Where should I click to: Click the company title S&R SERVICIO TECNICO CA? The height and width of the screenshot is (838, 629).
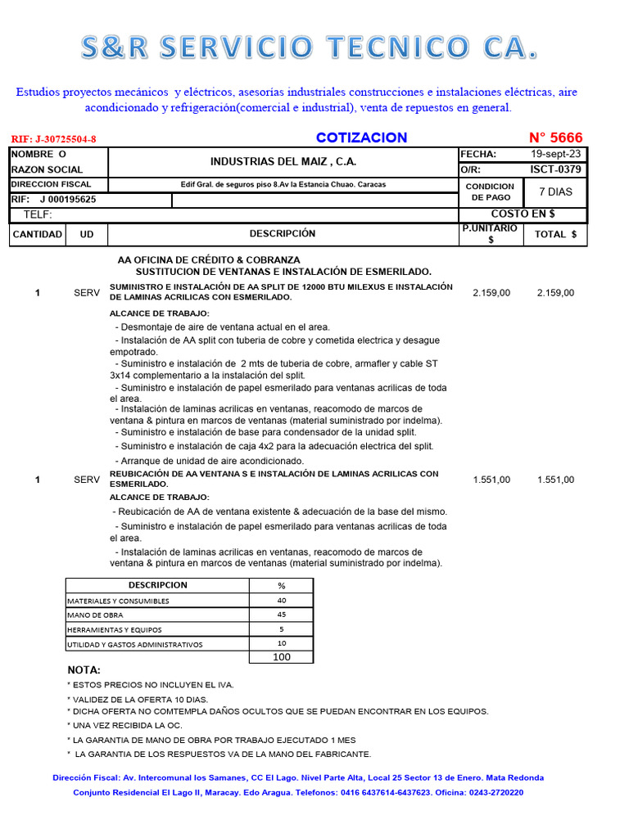(x=310, y=48)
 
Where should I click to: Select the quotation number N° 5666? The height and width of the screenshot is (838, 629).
(x=556, y=137)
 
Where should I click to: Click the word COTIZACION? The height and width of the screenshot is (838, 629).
(x=361, y=137)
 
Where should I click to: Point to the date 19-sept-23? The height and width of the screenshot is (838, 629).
(x=556, y=154)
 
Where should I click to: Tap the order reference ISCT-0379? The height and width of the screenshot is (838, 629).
(x=556, y=169)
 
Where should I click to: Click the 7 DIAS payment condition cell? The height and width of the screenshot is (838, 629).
(x=555, y=191)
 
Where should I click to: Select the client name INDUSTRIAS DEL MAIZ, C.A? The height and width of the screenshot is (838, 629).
(x=283, y=161)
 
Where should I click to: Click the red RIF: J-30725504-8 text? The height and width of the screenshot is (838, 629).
(x=59, y=139)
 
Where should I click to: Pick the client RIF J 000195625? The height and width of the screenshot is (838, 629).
(x=66, y=199)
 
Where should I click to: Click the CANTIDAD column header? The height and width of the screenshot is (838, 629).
(x=38, y=234)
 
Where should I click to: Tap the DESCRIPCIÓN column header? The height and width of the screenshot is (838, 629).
(x=283, y=234)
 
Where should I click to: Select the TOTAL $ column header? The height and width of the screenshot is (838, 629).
(x=555, y=234)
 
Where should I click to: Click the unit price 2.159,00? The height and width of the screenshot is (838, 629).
(x=491, y=292)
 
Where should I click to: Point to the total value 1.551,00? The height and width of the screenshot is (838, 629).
(x=555, y=480)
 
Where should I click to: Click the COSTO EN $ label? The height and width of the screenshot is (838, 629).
(x=523, y=214)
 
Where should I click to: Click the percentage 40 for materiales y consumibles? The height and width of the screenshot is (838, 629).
(x=282, y=600)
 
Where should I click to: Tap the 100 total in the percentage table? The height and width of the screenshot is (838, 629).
(x=282, y=656)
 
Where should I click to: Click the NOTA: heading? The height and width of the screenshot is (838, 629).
(x=84, y=669)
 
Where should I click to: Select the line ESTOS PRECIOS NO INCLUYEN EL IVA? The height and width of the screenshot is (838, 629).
(x=150, y=684)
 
